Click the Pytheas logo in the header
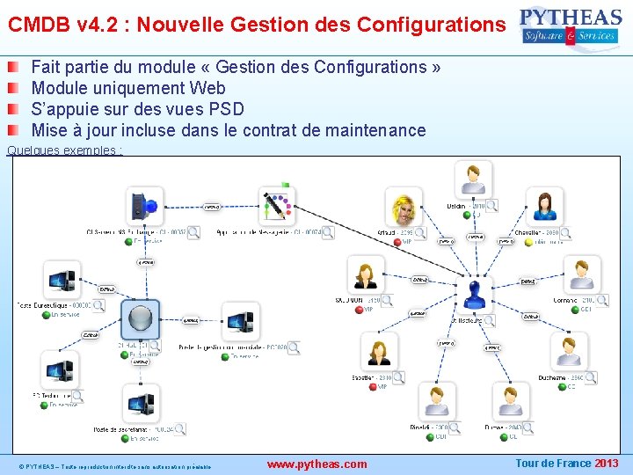571,26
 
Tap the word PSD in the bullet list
226,109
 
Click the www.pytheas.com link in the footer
316,464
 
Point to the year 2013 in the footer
607,464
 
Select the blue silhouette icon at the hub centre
475,293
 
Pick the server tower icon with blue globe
143,206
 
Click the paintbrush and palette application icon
277,206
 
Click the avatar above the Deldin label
474,179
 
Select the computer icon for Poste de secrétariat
142,404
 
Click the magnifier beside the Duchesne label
590,377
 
